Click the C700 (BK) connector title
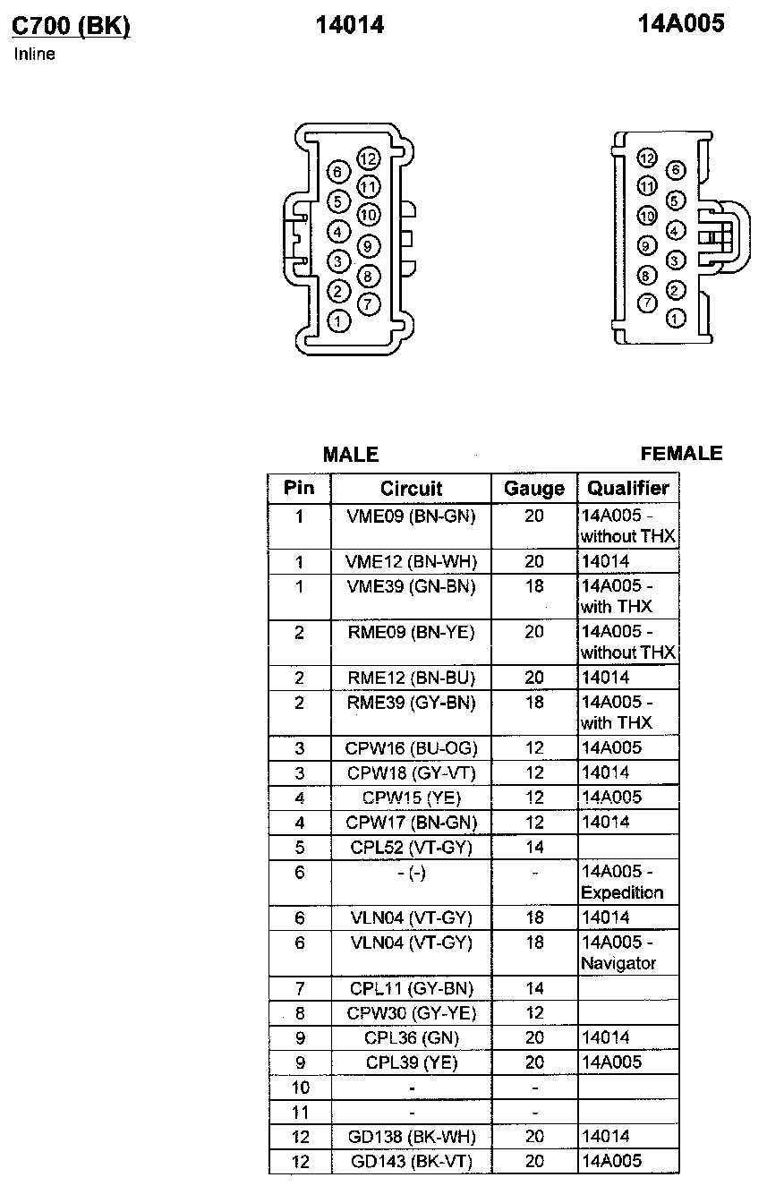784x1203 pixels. click(x=71, y=26)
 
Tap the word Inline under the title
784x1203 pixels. click(x=35, y=55)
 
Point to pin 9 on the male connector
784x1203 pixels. click(x=368, y=245)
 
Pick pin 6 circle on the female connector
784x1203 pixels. click(x=676, y=170)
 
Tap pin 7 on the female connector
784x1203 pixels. click(x=647, y=303)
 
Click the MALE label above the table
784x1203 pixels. click(x=350, y=455)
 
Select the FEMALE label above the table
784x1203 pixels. click(x=681, y=454)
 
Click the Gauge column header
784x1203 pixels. click(x=534, y=489)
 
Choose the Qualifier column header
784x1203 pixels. click(x=627, y=489)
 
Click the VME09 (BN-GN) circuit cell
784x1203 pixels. click(x=411, y=516)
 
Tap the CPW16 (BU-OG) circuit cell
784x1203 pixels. click(x=411, y=747)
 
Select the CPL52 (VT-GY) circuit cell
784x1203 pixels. click(x=411, y=847)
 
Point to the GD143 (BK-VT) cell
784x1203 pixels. click(x=411, y=1161)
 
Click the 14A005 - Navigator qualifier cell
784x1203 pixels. click(x=627, y=952)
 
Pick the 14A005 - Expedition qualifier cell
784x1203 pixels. click(x=627, y=882)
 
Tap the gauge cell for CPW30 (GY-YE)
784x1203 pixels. click(x=534, y=1013)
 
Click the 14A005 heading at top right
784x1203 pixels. click(x=681, y=24)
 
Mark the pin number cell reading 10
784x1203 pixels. click(x=300, y=1088)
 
